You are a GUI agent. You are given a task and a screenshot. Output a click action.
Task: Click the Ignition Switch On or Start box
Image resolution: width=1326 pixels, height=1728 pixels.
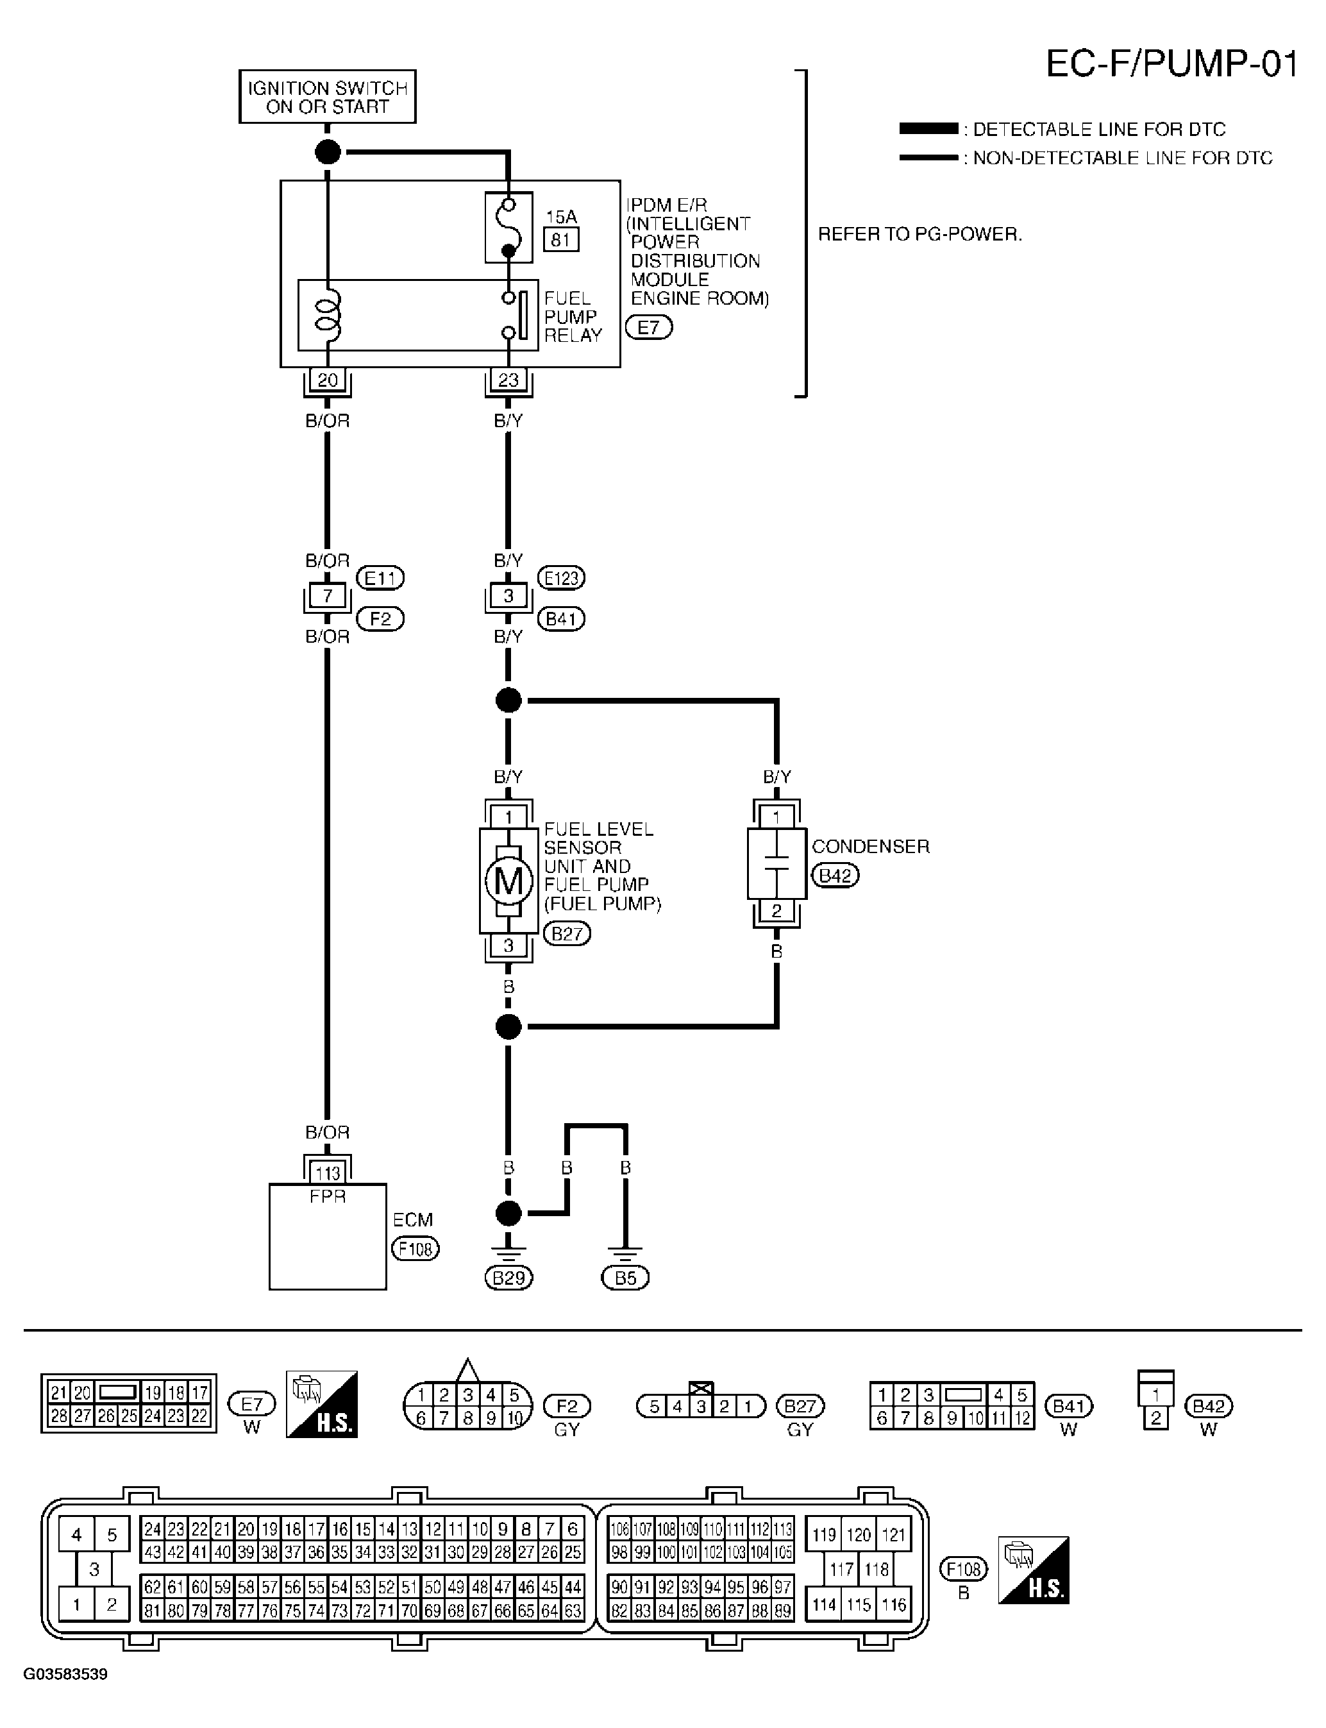coord(328,97)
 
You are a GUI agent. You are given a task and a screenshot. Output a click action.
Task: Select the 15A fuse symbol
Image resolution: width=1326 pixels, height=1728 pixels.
coord(508,228)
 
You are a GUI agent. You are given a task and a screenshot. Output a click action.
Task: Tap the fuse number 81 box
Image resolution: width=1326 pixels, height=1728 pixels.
coord(560,239)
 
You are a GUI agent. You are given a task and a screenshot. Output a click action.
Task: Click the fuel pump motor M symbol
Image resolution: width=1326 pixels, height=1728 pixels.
coord(508,880)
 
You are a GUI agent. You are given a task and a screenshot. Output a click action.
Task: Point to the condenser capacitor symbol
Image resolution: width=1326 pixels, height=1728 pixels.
coord(776,863)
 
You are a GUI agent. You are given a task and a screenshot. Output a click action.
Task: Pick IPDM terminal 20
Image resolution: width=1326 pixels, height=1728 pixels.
coord(328,380)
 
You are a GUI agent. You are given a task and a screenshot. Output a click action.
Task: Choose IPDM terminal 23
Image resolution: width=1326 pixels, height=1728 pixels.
coord(508,380)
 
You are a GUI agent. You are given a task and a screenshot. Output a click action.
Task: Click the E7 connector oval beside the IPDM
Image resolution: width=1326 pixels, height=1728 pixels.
coord(649,327)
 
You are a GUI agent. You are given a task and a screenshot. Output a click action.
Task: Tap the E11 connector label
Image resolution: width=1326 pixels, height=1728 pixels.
coord(380,578)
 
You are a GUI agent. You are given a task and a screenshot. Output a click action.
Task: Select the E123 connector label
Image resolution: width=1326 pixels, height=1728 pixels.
coord(561,578)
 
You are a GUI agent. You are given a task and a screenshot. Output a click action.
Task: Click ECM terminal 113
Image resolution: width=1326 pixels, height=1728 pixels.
coord(328,1173)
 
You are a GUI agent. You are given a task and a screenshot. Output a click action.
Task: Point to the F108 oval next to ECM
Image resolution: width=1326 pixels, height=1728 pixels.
coord(415,1248)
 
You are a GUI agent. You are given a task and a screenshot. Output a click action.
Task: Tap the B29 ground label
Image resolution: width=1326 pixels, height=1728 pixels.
coord(509,1277)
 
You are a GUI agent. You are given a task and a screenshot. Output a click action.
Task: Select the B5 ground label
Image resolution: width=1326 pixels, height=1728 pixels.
coord(625,1277)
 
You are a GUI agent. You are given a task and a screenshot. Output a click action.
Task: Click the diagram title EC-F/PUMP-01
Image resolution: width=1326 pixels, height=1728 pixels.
coord(1171,64)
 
